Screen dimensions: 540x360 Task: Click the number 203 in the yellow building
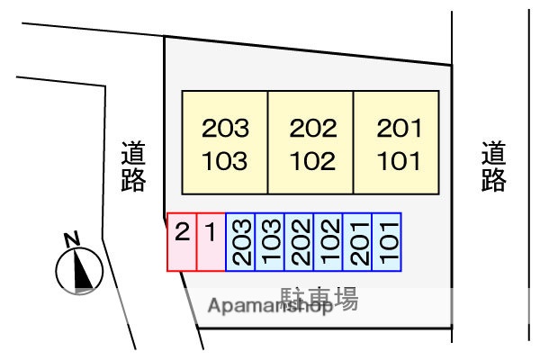click(x=225, y=128)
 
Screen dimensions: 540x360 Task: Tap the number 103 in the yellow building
click(x=224, y=161)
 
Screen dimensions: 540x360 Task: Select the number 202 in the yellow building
click(x=313, y=128)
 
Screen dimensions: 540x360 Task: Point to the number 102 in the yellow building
click(x=312, y=161)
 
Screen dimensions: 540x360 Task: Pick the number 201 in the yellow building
click(x=399, y=128)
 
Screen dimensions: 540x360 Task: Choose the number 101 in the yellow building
click(x=399, y=161)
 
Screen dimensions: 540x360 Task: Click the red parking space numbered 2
click(x=182, y=242)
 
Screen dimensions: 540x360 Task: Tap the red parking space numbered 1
click(x=211, y=242)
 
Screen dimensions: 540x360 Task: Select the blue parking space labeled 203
click(x=240, y=242)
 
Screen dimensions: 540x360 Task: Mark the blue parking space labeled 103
click(x=269, y=242)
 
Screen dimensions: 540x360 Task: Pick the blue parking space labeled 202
click(x=299, y=242)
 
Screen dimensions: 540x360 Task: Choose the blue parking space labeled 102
click(x=328, y=242)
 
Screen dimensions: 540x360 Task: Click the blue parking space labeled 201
click(x=357, y=242)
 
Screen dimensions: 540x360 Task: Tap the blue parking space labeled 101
click(x=387, y=242)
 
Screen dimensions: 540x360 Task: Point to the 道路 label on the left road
click(x=133, y=166)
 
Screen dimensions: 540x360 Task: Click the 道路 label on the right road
click(x=493, y=166)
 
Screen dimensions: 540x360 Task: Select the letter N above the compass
click(x=72, y=239)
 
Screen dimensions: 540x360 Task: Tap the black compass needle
click(x=81, y=269)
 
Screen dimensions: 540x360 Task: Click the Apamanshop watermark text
click(x=270, y=306)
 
